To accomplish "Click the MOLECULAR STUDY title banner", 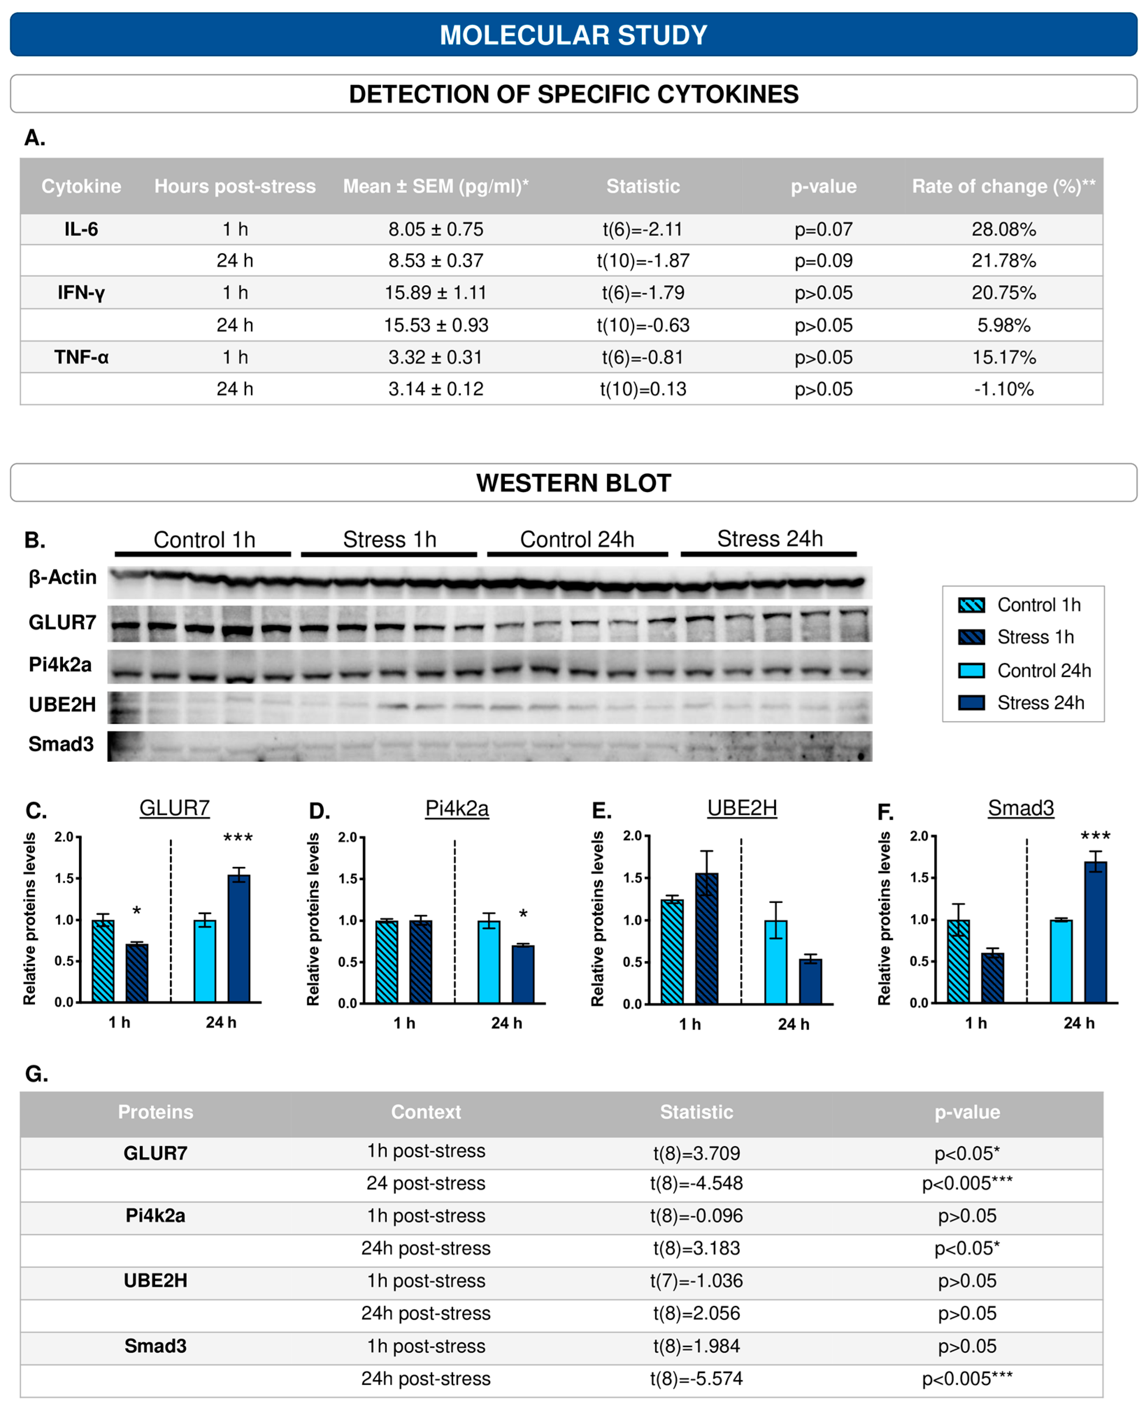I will pos(573,34).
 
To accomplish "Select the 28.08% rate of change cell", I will pos(1003,229).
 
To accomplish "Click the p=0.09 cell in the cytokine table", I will pos(823,261).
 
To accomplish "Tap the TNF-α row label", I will pos(81,357).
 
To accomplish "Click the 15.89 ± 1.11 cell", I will pos(435,292).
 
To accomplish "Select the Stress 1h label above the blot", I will pos(389,539).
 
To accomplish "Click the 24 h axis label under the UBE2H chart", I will pos(793,1024).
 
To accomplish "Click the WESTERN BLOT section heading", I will pos(573,483).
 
